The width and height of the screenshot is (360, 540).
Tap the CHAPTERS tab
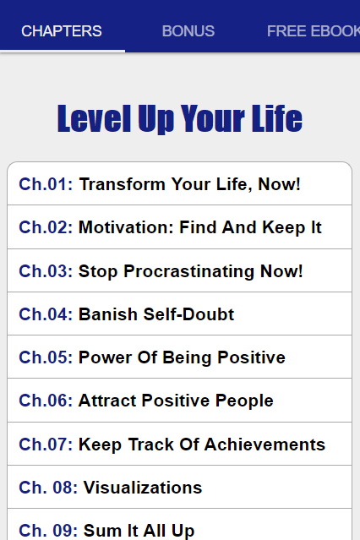62,31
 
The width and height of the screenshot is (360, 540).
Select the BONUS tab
188,31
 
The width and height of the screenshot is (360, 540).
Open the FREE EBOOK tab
314,31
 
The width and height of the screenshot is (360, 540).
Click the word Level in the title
94,118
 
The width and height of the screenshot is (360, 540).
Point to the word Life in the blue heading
276,118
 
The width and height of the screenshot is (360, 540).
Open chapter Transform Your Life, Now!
190,184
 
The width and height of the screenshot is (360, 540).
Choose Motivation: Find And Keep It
199,227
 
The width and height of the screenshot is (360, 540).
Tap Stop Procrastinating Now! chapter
190,271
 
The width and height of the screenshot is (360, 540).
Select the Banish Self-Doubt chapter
156,314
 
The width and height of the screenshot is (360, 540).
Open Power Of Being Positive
182,357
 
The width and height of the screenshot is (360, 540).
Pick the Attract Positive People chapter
176,401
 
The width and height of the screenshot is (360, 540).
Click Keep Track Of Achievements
202,445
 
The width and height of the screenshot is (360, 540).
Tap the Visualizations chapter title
143,488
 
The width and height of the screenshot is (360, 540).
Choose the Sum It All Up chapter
139,531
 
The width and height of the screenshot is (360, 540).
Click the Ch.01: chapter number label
46,184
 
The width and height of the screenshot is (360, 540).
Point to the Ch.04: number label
46,314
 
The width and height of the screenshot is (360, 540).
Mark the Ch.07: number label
46,445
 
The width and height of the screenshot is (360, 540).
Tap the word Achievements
265,445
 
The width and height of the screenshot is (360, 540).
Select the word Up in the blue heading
156,119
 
